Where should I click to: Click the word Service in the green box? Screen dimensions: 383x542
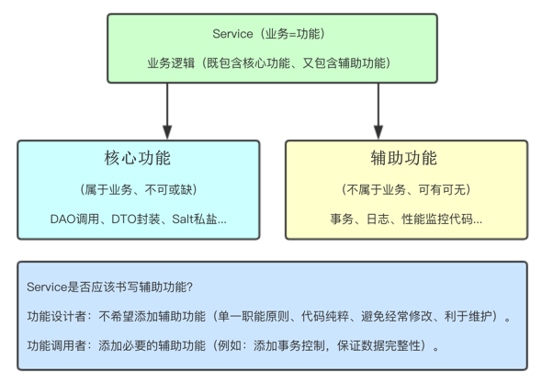click(232, 34)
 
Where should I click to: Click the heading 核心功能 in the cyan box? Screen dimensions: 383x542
click(138, 158)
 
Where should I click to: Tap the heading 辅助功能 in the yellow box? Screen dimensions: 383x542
click(405, 158)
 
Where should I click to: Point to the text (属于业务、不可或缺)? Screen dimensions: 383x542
click(138, 190)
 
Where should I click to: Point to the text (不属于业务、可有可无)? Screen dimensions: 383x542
click(405, 190)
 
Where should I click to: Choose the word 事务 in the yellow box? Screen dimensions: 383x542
click(342, 220)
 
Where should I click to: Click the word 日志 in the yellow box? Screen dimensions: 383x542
click(375, 220)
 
